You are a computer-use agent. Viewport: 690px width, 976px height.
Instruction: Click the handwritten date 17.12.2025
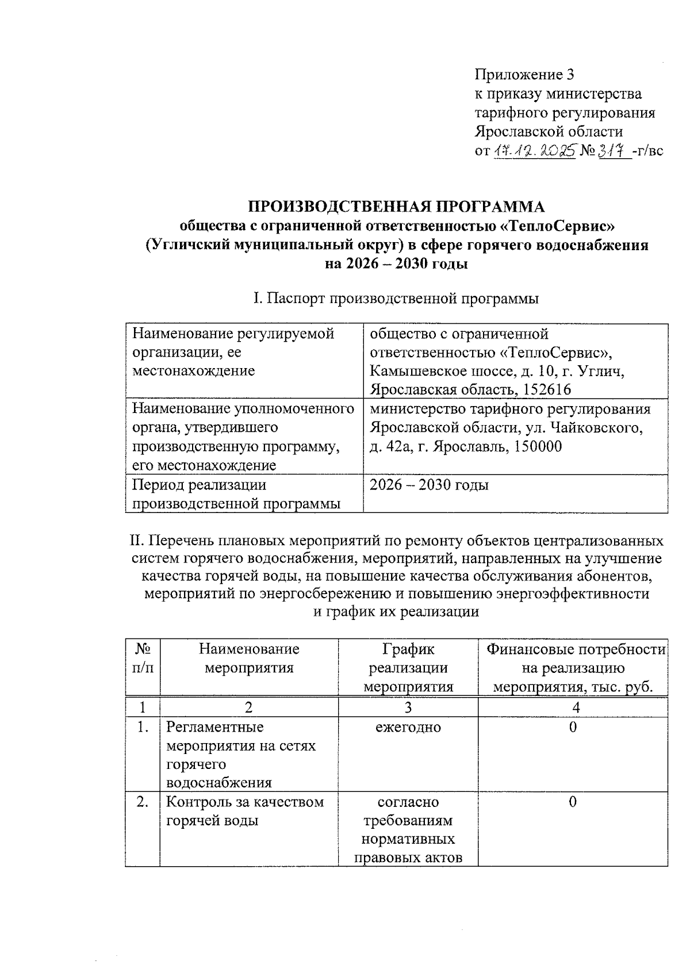(x=535, y=151)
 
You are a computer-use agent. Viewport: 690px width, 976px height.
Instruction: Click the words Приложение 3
(x=524, y=75)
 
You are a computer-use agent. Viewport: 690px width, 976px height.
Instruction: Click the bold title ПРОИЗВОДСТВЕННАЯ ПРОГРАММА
(x=396, y=206)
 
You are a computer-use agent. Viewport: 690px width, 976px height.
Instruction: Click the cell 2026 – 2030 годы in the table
(x=429, y=485)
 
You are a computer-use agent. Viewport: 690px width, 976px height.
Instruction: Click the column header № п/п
(x=143, y=659)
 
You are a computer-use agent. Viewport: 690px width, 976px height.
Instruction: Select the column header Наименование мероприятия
(x=249, y=659)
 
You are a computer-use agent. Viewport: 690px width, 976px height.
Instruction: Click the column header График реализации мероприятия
(x=408, y=668)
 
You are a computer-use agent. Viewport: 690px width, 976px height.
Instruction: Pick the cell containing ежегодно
(x=408, y=727)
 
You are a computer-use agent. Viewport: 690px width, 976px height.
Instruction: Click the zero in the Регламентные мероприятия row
(x=572, y=727)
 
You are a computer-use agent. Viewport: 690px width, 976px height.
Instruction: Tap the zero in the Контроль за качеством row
(x=572, y=802)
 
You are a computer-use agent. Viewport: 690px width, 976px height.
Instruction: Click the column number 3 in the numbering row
(x=408, y=707)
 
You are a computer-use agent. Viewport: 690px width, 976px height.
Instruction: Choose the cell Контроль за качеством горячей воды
(x=245, y=811)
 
